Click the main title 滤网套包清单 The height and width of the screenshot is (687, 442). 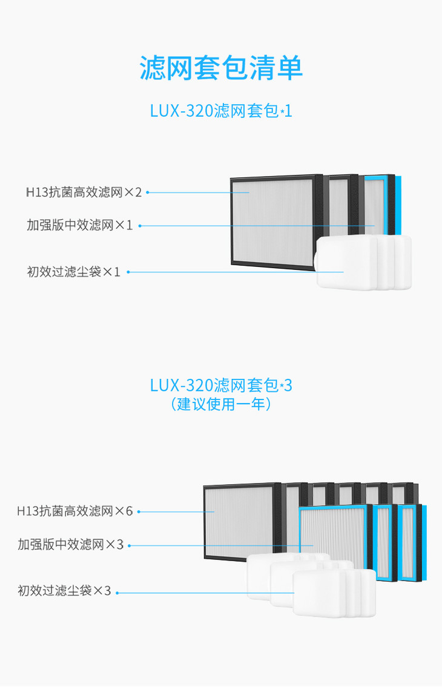click(221, 68)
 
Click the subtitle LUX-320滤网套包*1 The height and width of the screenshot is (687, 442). click(221, 111)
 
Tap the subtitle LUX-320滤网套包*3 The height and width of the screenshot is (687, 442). click(221, 385)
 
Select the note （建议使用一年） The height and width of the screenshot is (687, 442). click(221, 404)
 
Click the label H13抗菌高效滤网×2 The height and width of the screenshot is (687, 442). click(84, 192)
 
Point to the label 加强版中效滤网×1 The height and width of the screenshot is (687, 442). click(79, 225)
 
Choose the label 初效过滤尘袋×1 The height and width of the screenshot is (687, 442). click(73, 272)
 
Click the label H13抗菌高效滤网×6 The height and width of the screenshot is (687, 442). click(74, 511)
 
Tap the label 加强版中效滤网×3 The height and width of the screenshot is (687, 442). click(70, 545)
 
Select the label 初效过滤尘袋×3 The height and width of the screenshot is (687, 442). click(64, 591)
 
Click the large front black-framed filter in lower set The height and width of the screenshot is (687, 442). click(242, 521)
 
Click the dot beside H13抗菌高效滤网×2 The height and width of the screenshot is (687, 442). click(147, 192)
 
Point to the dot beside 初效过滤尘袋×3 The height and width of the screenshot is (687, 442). click(117, 592)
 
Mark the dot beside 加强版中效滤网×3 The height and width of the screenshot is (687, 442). click(129, 545)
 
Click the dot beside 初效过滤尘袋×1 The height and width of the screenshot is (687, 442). click(127, 272)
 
